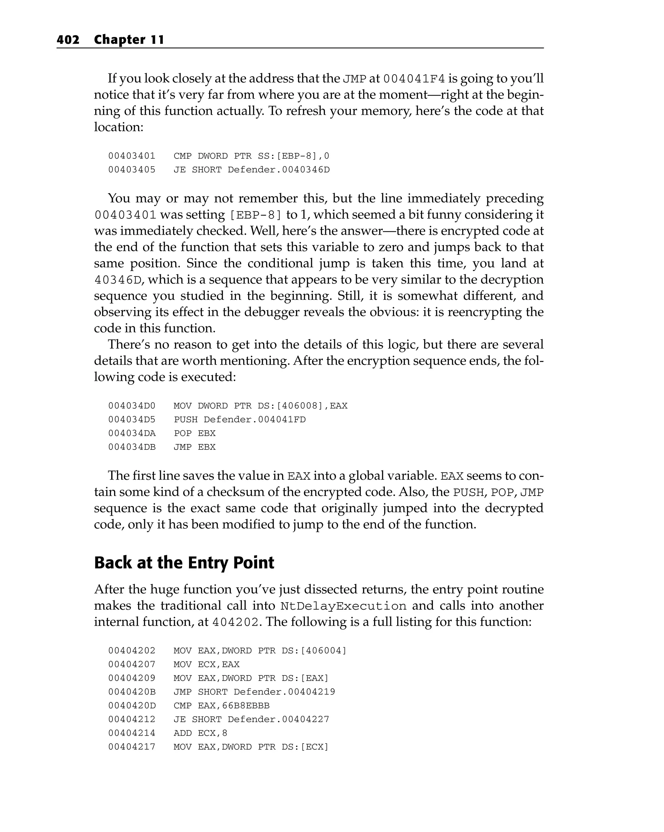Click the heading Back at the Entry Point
pyautogui.click(x=184, y=563)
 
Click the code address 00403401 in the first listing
pyautogui.click(x=132, y=156)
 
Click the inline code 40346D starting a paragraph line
pyautogui.click(x=118, y=280)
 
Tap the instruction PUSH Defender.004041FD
pyautogui.click(x=239, y=419)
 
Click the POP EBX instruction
pyautogui.click(x=195, y=433)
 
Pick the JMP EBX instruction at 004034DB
pyautogui.click(x=195, y=447)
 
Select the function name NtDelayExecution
pyautogui.click(x=343, y=606)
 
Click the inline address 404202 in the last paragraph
pyautogui.click(x=235, y=622)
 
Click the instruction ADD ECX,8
pyautogui.click(x=200, y=733)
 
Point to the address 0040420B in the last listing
pyautogui.click(x=132, y=692)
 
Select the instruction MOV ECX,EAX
pyautogui.click(x=207, y=664)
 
